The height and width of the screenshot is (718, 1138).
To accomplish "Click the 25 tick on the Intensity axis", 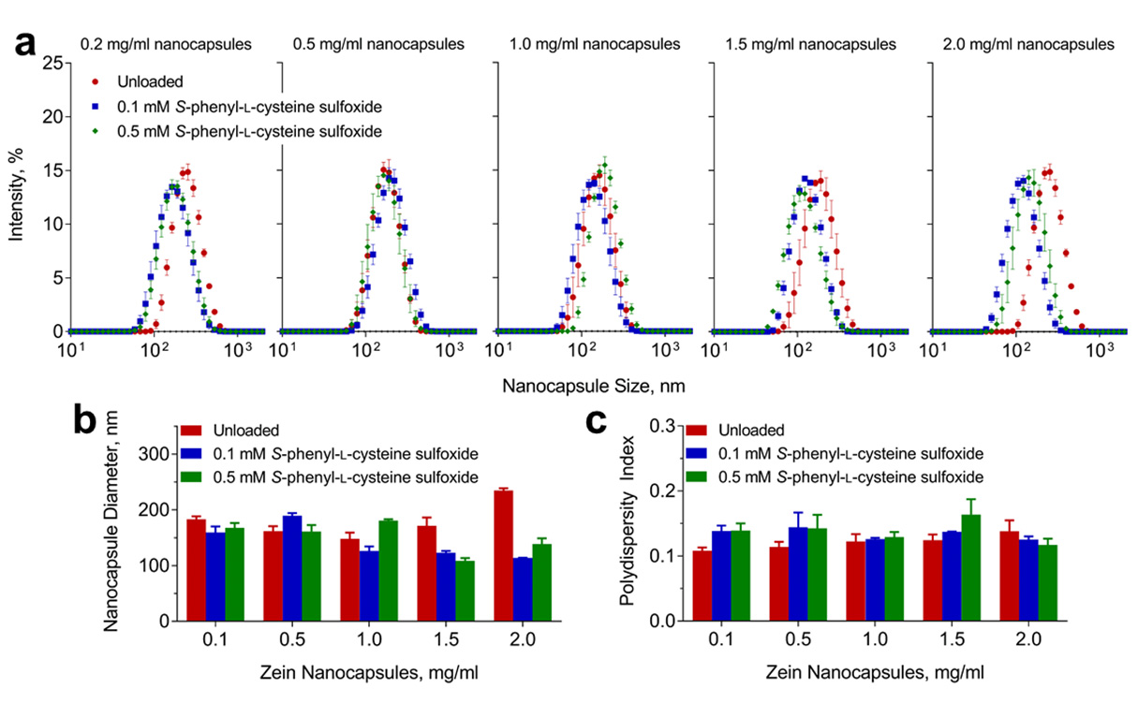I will click(x=52, y=64).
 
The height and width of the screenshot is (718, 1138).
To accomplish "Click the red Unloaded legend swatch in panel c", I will click(x=696, y=431).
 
